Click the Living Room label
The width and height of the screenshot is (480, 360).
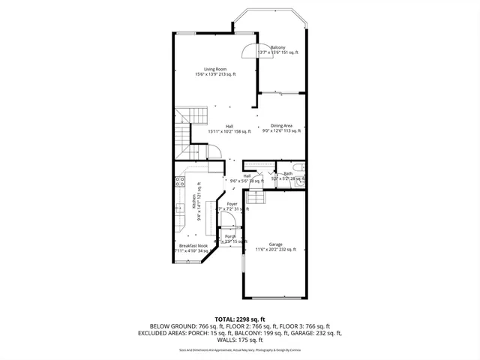tap(215, 69)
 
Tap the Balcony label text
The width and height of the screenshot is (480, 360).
tap(278, 46)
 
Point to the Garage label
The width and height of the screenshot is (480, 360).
tap(275, 244)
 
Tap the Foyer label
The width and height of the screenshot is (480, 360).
tap(232, 203)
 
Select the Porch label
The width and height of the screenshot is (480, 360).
tap(230, 236)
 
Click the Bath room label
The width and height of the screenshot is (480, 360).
tap(288, 173)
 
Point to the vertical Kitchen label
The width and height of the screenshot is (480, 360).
tap(193, 199)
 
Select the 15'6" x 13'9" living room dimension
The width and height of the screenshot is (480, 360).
tap(215, 74)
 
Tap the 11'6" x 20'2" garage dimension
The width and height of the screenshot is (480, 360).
tap(275, 249)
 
